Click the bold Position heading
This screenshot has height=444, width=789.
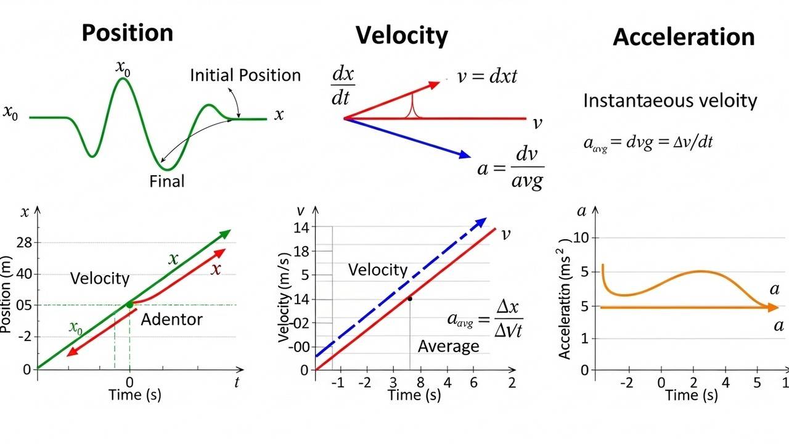[128, 33]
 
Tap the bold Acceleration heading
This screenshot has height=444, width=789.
[684, 38]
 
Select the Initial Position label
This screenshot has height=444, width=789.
[245, 75]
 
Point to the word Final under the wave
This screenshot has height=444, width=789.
[166, 181]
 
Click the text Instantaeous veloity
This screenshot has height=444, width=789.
[670, 101]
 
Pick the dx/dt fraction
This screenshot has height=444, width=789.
[343, 86]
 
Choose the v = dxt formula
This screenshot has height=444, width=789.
[487, 76]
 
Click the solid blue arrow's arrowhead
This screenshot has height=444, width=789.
[463, 154]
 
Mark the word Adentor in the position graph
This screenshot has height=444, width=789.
[171, 319]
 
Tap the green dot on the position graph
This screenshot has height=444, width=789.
[129, 304]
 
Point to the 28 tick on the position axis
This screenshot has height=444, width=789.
[24, 242]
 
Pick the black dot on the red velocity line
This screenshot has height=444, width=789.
[409, 298]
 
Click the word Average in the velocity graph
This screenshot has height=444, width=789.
[448, 347]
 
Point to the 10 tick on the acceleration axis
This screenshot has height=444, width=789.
[582, 238]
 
